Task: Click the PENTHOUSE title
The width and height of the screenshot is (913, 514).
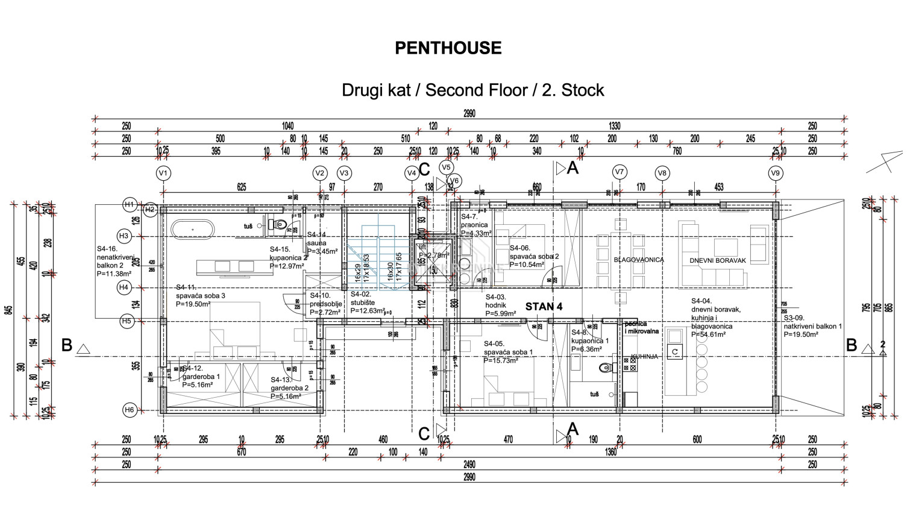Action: coord(448,48)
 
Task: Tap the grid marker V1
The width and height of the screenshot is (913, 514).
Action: coord(163,174)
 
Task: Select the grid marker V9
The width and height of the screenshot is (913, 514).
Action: coord(776,174)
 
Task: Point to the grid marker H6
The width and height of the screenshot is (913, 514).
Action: coord(130,410)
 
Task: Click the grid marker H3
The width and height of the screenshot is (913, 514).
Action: coord(124,236)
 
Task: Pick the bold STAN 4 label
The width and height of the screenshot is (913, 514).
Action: coord(544,307)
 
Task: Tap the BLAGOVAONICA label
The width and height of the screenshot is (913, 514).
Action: coord(638,260)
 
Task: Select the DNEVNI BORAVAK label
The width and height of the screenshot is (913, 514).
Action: coord(718,261)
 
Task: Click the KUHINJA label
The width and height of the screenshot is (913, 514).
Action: coord(644,357)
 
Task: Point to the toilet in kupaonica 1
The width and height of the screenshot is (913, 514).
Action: coord(606,368)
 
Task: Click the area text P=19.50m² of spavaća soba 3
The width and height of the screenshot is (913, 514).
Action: coord(193,304)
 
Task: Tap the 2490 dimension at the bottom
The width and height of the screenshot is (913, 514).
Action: coord(469,465)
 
